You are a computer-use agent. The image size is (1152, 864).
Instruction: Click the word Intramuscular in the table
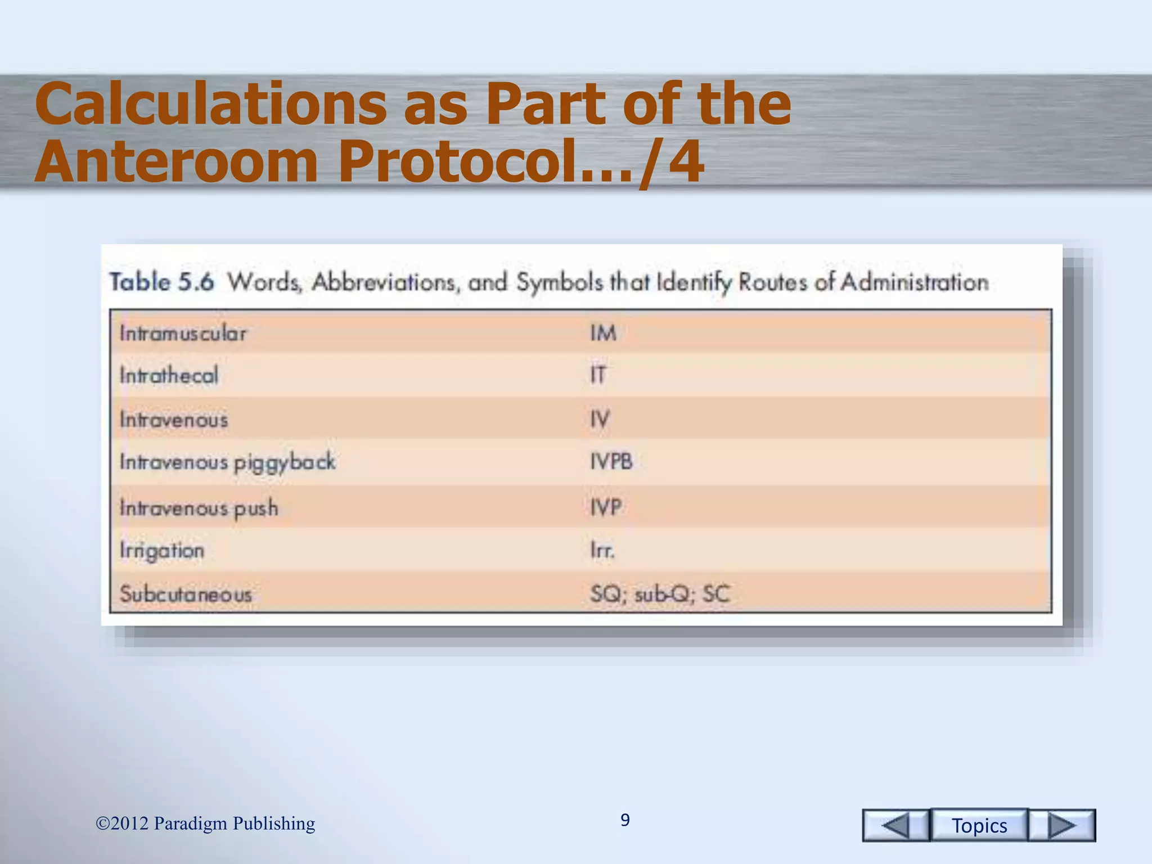(x=183, y=333)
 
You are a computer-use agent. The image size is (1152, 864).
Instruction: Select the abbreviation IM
(x=604, y=333)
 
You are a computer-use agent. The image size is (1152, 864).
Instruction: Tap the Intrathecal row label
(x=169, y=375)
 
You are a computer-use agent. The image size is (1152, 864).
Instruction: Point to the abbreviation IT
(x=598, y=375)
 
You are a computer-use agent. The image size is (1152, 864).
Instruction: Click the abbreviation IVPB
(x=611, y=462)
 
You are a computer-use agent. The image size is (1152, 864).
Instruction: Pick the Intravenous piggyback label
(x=228, y=462)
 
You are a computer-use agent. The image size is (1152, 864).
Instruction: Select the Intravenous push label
(x=199, y=508)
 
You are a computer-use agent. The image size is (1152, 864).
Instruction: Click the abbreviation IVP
(x=606, y=507)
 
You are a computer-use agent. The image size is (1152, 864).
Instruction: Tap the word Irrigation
(x=162, y=551)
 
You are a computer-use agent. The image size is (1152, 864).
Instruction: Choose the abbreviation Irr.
(x=602, y=550)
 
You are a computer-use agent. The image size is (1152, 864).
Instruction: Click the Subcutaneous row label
(x=186, y=594)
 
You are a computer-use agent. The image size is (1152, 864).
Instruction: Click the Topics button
(x=979, y=825)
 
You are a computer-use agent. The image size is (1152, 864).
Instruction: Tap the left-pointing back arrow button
(x=895, y=825)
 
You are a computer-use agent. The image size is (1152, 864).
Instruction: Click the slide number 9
(x=625, y=820)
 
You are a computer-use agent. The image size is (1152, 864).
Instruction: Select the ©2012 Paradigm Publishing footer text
(x=205, y=823)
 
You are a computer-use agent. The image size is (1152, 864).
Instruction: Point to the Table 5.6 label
(x=162, y=282)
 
